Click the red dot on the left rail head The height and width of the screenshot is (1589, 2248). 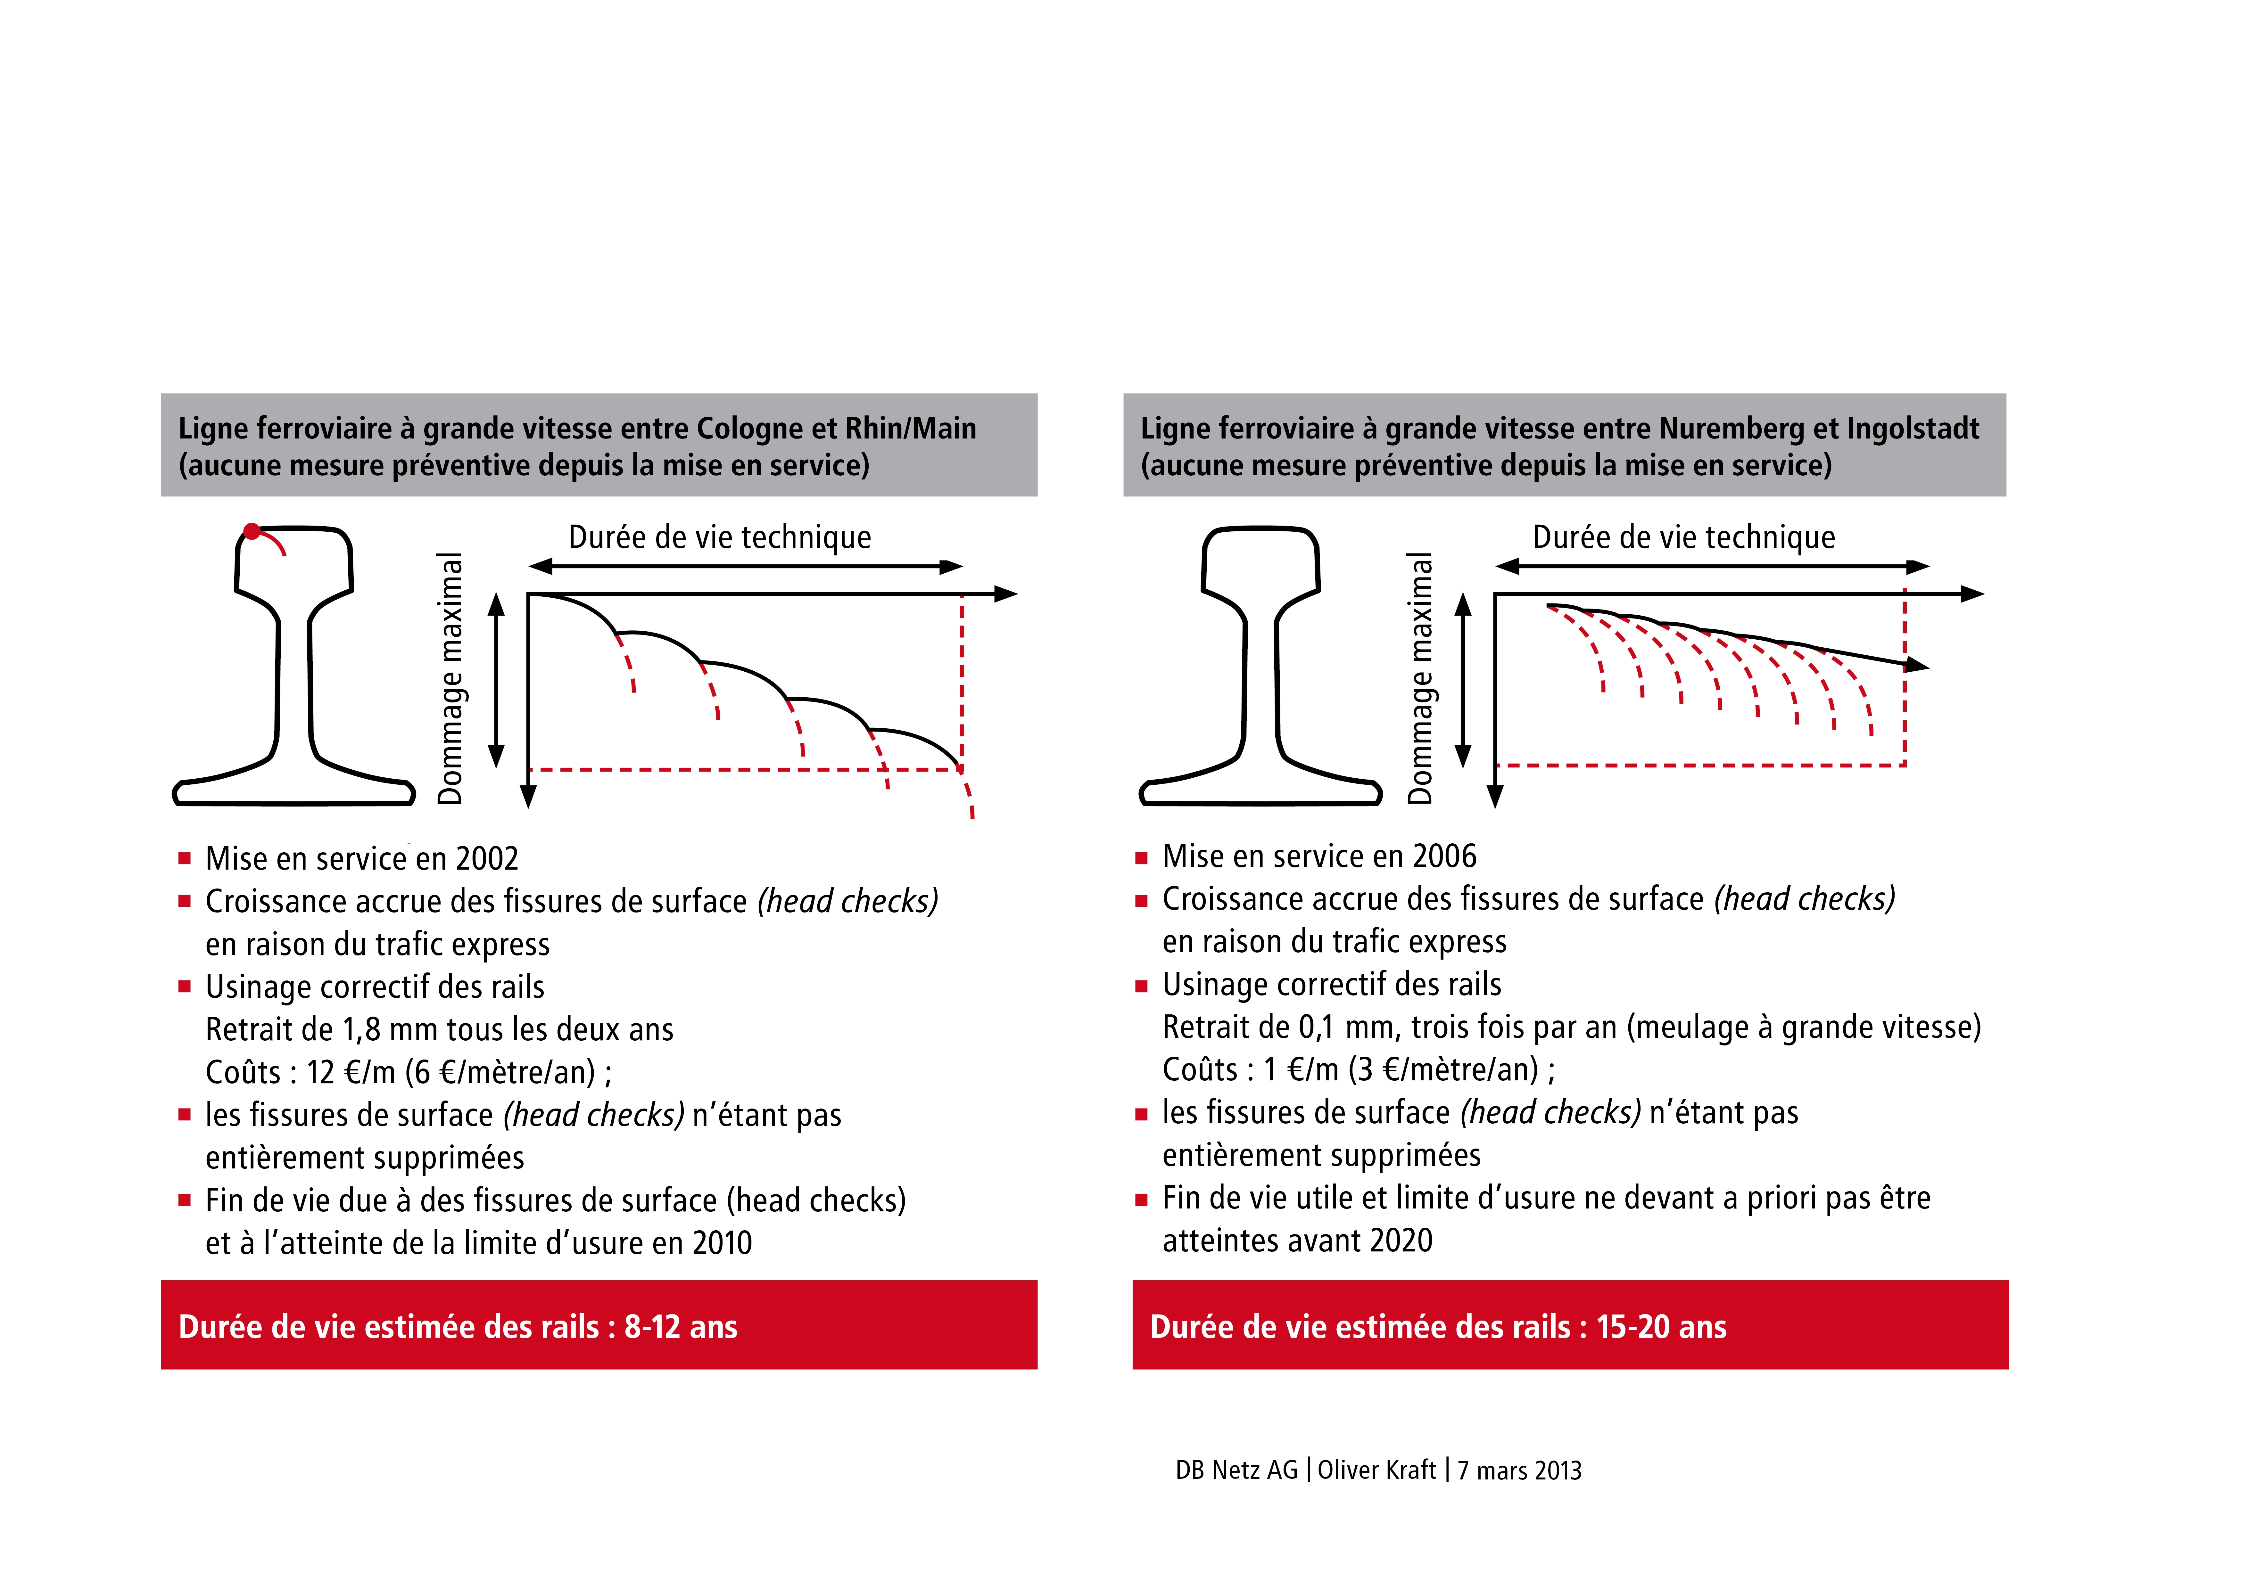(x=252, y=532)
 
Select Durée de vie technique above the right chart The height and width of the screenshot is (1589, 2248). (x=1683, y=537)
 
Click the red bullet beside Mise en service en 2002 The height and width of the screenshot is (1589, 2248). (x=184, y=859)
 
